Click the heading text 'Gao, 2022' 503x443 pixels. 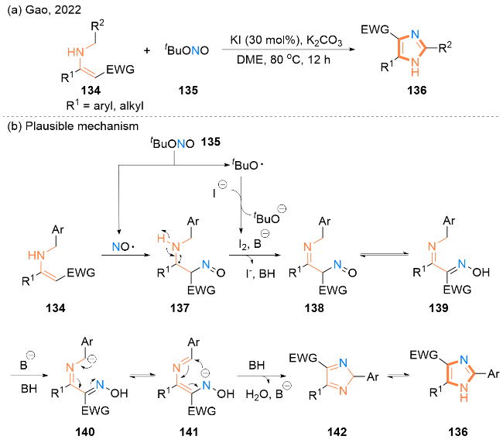coord(53,10)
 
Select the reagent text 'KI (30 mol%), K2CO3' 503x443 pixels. coord(286,41)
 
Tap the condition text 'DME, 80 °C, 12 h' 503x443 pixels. coord(283,60)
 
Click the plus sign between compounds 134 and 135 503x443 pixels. coord(147,50)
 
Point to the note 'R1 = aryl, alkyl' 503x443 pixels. coord(105,105)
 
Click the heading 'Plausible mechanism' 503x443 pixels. coord(82,126)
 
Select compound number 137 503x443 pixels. coord(180,308)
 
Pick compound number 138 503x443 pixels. coord(314,308)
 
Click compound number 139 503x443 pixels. coord(439,308)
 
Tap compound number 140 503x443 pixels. coord(85,432)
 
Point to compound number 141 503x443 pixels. coord(189,432)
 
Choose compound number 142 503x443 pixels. coord(337,432)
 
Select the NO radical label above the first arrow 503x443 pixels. coord(124,246)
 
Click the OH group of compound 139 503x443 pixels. coord(481,273)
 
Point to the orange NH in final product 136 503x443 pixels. coord(464,393)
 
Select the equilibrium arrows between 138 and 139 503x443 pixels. coord(384,255)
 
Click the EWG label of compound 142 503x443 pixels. coord(303,358)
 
